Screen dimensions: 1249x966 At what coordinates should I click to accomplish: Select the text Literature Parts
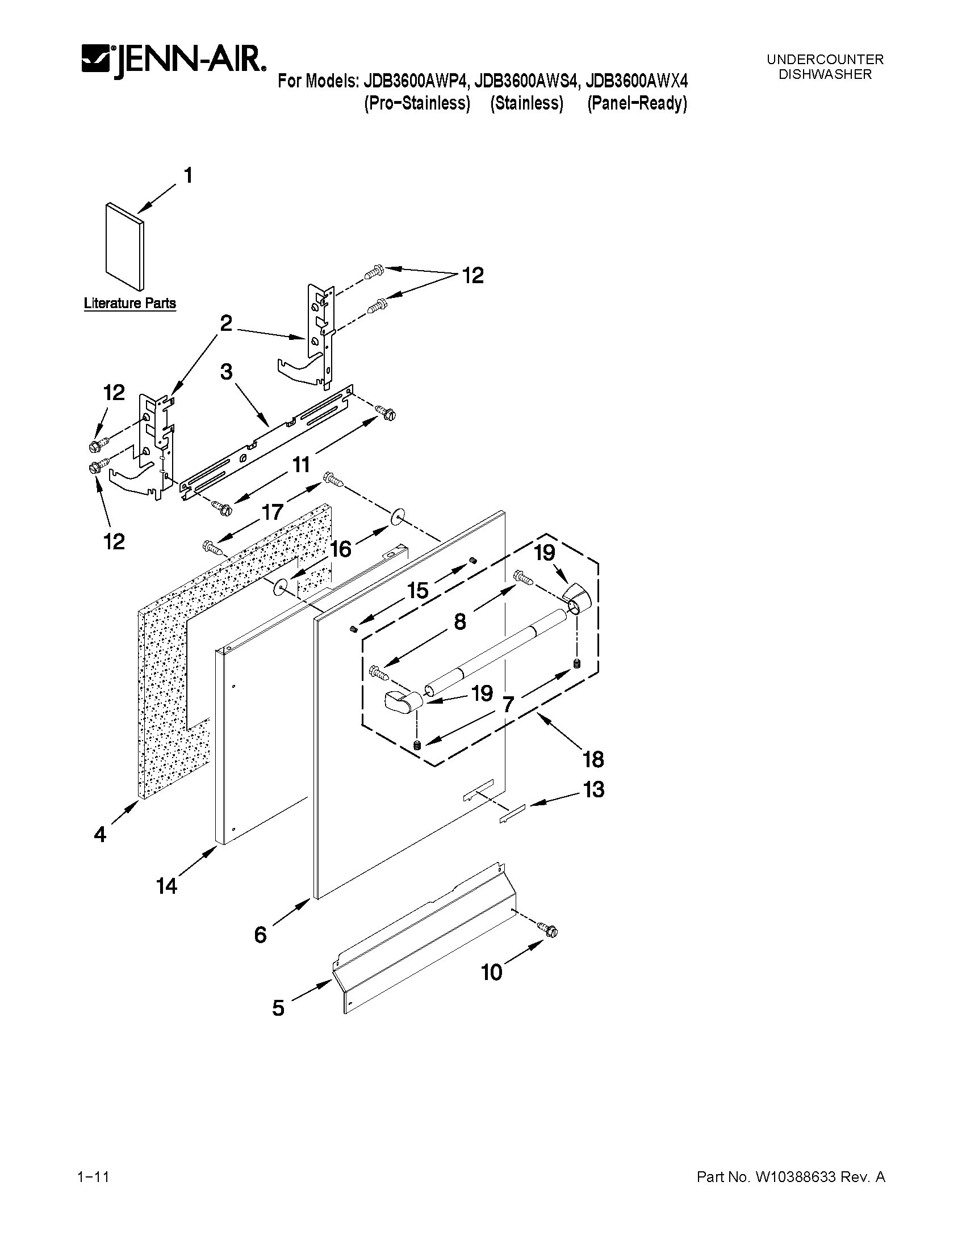(130, 303)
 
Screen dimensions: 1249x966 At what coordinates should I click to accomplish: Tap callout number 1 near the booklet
(187, 175)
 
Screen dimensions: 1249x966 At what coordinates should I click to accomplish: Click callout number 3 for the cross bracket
(227, 372)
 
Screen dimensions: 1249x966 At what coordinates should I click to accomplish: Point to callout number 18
(593, 759)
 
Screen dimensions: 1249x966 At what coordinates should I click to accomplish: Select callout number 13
(593, 790)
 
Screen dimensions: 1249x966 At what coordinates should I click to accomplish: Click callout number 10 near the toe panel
(492, 972)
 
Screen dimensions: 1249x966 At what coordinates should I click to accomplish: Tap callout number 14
(166, 886)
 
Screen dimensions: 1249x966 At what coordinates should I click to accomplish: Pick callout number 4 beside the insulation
(100, 835)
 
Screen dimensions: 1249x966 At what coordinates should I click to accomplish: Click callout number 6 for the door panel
(261, 935)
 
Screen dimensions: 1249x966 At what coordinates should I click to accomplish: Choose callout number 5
(278, 1008)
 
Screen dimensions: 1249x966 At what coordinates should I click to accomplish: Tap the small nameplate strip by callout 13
(512, 814)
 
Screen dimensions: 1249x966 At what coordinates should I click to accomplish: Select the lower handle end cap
(401, 701)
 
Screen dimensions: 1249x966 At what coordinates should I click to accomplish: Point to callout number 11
(301, 464)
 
